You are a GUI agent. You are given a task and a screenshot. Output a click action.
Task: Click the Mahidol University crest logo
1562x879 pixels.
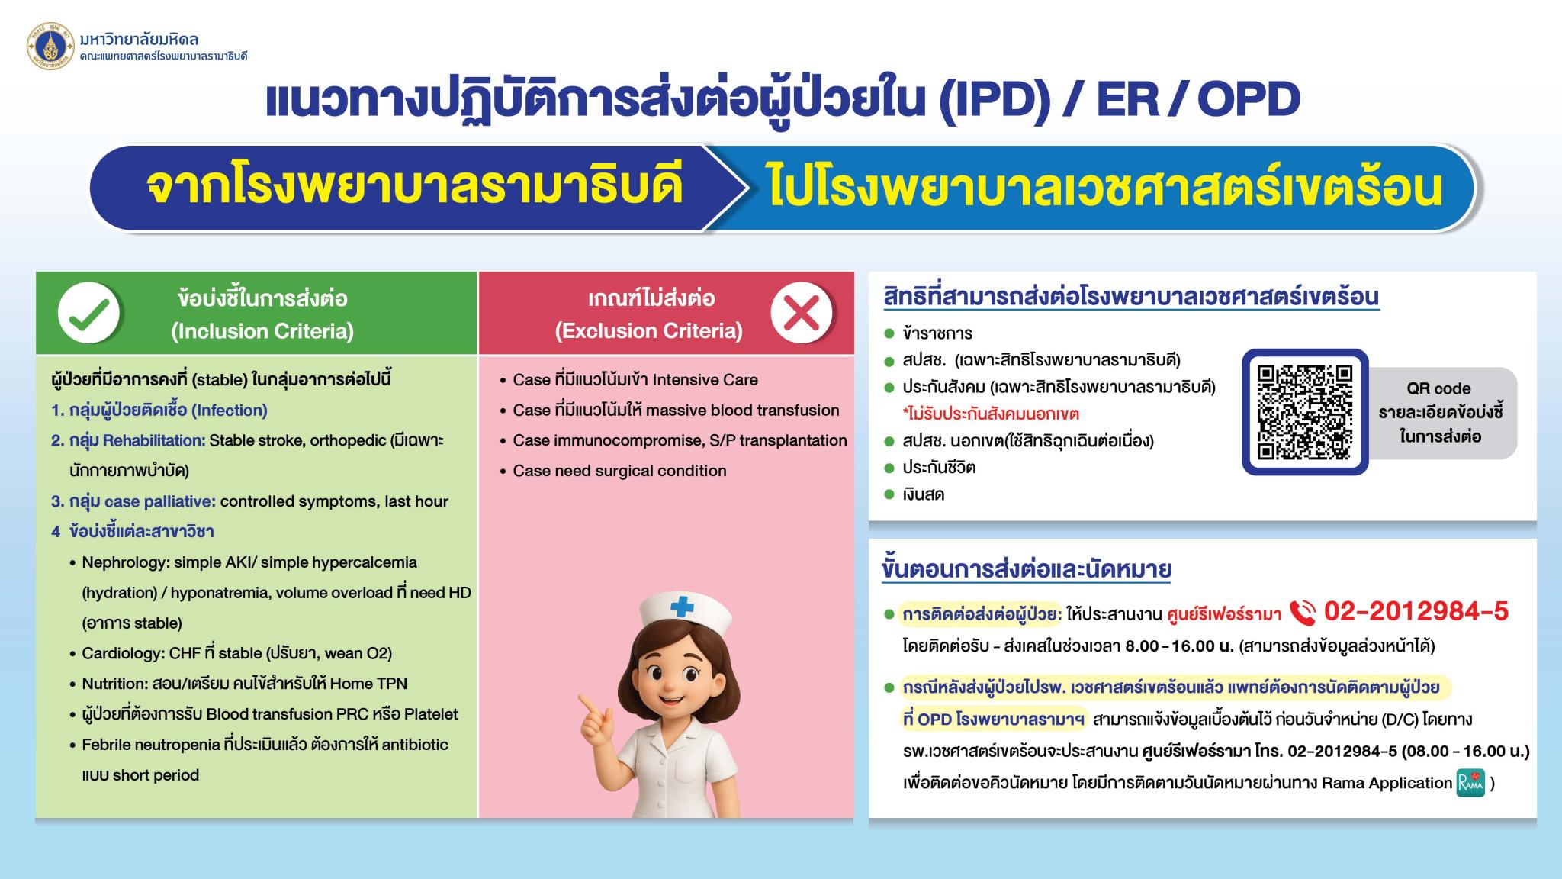(x=50, y=46)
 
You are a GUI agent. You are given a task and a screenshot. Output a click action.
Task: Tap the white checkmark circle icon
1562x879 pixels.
(x=88, y=313)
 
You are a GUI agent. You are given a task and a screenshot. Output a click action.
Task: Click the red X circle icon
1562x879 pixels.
(x=801, y=313)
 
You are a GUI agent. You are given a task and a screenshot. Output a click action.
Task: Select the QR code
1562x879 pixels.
(x=1305, y=412)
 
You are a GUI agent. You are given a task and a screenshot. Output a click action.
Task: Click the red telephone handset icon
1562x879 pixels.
(x=1303, y=612)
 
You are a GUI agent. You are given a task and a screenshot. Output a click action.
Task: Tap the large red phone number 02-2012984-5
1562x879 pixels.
(x=1416, y=611)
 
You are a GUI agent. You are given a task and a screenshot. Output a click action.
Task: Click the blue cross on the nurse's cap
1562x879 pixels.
(x=682, y=607)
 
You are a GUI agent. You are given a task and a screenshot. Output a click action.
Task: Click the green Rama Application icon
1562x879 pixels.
(x=1470, y=783)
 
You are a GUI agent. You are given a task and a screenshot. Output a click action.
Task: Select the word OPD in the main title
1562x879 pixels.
(x=1249, y=100)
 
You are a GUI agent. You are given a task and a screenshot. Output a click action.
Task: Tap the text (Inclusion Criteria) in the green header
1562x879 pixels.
(x=263, y=331)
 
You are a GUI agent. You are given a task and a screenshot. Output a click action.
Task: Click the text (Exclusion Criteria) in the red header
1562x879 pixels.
(x=649, y=331)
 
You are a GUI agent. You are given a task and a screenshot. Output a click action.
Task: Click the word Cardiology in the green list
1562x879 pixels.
(x=122, y=654)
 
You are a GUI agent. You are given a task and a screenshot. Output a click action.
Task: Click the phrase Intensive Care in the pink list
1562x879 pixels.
(x=705, y=380)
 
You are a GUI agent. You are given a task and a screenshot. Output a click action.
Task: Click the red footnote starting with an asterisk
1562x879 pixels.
(x=991, y=414)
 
